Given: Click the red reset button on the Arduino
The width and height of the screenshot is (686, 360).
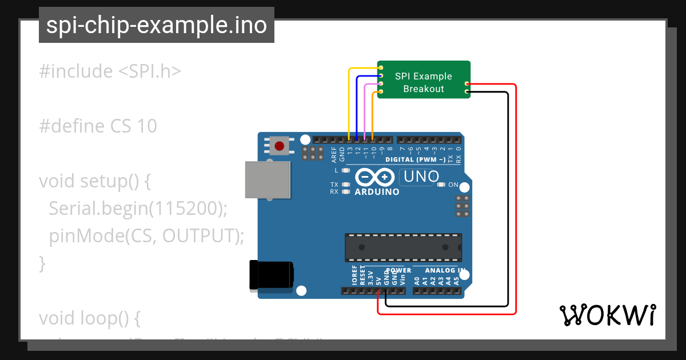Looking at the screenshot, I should coord(279,146).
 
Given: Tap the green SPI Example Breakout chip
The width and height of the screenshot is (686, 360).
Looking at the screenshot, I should coord(424,79).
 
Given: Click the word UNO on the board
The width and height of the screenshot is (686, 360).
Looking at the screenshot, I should coord(421,177).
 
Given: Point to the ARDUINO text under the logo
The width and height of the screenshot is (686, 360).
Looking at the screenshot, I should coord(377,192).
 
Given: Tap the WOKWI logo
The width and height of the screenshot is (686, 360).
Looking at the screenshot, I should coord(607,315).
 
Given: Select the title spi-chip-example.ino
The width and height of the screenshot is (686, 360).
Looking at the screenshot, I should coord(157,25).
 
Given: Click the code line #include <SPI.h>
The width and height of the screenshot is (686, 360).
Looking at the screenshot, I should coord(110,71).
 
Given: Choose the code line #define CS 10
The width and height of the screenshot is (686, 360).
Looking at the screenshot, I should coord(98,126).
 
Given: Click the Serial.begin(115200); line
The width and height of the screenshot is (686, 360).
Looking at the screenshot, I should coord(138,209).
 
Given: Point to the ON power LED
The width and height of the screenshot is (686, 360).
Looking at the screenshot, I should coord(441,185).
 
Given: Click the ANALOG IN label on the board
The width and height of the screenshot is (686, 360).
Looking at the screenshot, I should coord(444,270).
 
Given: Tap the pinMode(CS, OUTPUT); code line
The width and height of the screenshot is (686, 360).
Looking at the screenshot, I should coord(146,235).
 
